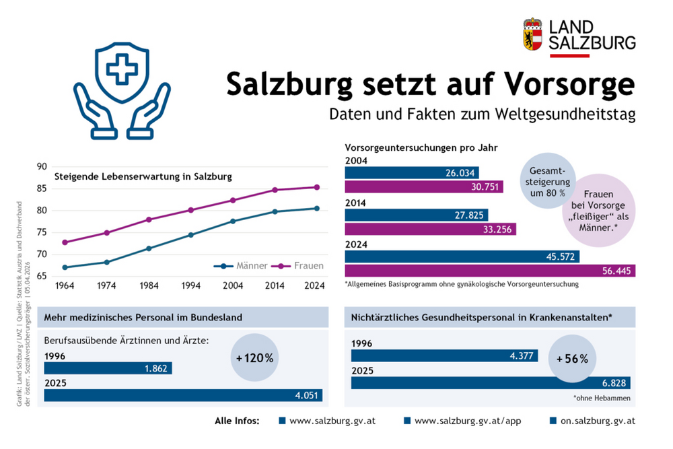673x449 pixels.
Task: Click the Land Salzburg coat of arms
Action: pyautogui.click(x=532, y=34)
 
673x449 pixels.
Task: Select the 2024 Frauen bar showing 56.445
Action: pyautogui.click(x=490, y=271)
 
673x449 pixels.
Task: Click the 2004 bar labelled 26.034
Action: pyautogui.click(x=412, y=173)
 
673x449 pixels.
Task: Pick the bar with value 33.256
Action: pyautogui.click(x=430, y=229)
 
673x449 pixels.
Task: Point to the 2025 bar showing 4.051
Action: pyautogui.click(x=183, y=395)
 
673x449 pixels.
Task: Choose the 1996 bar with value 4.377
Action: pyautogui.click(x=444, y=355)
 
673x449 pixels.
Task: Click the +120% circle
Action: pyautogui.click(x=254, y=358)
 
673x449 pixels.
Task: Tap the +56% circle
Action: pyautogui.click(x=572, y=359)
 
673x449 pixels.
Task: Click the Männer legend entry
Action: pyautogui.click(x=241, y=266)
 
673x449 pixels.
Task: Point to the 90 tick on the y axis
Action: pyautogui.click(x=42, y=167)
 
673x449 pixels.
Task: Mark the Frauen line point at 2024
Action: pyautogui.click(x=316, y=187)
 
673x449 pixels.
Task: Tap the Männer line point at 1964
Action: pyautogui.click(x=65, y=267)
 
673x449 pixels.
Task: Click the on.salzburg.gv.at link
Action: pyautogui.click(x=592, y=421)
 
